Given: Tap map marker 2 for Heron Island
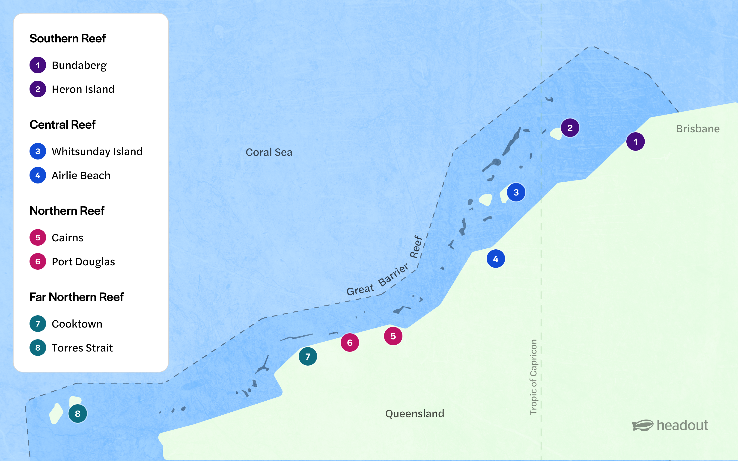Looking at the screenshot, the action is point(570,128).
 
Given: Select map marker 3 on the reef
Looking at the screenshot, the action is point(516,192).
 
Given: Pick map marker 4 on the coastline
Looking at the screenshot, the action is point(496,259).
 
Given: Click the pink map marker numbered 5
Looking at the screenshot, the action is point(393,336).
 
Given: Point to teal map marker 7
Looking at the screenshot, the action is point(308,356).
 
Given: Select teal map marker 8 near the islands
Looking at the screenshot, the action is point(77,414).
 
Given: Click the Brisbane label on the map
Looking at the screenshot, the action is point(697,129).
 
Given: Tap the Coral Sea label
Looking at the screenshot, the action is point(269,152).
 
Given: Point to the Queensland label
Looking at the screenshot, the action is point(414,414).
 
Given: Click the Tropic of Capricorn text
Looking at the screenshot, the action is point(533,377).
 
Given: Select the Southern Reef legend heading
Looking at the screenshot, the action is point(67,39).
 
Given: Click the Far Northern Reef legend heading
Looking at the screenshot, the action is point(76,297).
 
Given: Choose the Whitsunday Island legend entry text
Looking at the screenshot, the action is point(97,151).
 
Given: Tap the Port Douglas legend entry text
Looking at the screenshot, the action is point(83,262).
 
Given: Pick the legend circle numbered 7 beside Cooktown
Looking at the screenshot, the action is point(38,324).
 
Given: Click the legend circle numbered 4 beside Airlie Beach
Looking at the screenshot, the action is point(38,175).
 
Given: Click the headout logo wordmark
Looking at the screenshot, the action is point(682,425).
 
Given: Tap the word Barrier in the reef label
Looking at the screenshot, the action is point(393,275).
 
